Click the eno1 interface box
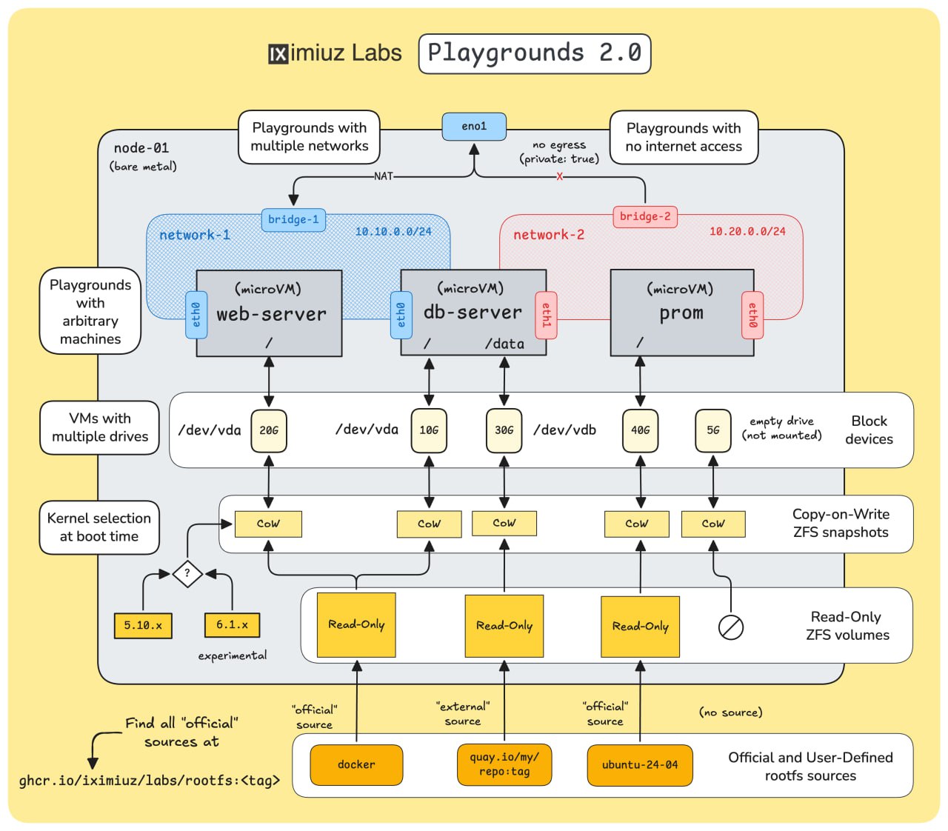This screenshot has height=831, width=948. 474,127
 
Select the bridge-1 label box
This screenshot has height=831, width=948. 293,220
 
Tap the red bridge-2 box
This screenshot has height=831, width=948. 645,216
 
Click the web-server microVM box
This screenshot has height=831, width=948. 270,313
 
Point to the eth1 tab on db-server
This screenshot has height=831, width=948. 547,314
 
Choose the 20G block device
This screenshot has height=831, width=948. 269,430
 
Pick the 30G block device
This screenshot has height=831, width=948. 504,430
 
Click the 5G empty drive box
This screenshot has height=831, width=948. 713,430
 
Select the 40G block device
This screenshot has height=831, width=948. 641,430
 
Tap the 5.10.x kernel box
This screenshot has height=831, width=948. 143,625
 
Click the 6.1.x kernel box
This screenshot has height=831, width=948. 232,624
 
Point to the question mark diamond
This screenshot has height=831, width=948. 187,573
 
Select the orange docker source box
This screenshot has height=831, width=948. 356,764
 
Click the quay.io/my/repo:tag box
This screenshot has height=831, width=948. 504,764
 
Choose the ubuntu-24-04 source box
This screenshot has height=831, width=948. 640,764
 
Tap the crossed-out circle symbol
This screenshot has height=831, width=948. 731,627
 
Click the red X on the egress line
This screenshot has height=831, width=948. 560,176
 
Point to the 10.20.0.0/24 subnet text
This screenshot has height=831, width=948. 747,232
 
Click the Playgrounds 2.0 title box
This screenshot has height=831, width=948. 535,53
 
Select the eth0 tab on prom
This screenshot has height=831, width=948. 752,314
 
